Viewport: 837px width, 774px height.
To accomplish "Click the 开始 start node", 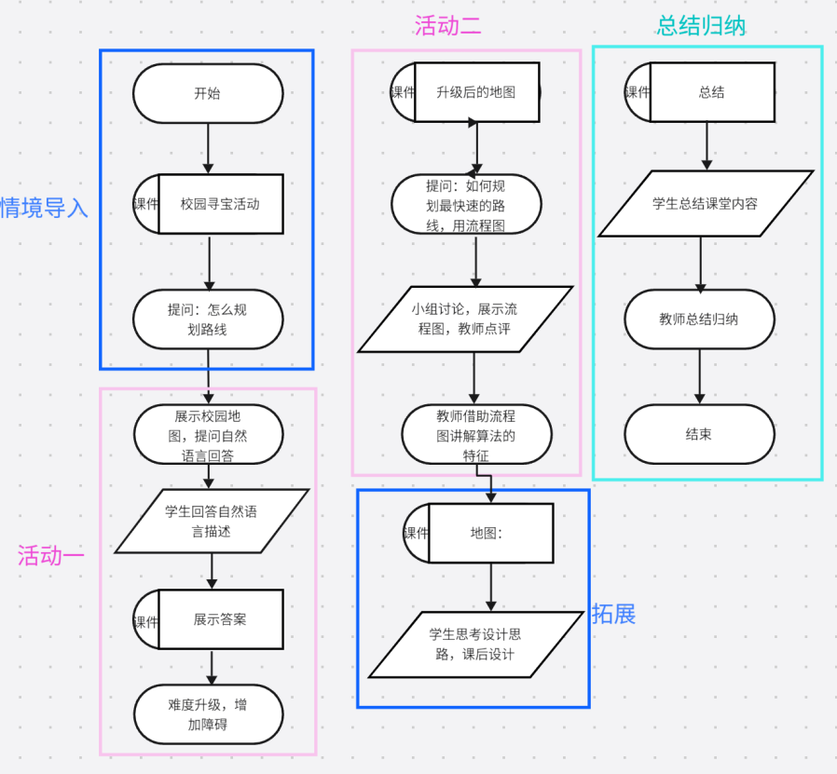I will pyautogui.click(x=207, y=93).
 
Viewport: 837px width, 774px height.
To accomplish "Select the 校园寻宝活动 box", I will pyautogui.click(x=220, y=204).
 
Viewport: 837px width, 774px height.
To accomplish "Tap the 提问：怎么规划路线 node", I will pyautogui.click(x=207, y=319).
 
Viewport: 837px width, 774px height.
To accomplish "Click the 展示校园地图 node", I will pyautogui.click(x=207, y=433).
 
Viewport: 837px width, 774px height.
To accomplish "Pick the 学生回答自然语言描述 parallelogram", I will pyautogui.click(x=211, y=521).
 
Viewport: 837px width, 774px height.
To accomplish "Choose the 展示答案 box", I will pyautogui.click(x=220, y=619).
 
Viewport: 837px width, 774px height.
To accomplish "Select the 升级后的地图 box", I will pyautogui.click(x=475, y=92).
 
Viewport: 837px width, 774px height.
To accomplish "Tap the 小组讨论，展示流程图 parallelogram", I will pyautogui.click(x=465, y=319).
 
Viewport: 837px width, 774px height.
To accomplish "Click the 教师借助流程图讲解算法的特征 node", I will pyautogui.click(x=476, y=435).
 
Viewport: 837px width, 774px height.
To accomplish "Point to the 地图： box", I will pyautogui.click(x=490, y=533).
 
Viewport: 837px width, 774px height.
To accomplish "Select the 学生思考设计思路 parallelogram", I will pyautogui.click(x=475, y=644).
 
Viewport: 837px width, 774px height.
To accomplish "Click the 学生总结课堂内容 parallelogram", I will pyautogui.click(x=705, y=204).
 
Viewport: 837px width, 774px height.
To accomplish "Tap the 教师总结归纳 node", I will pyautogui.click(x=698, y=319).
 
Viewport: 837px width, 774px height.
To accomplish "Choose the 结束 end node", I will pyautogui.click(x=698, y=434).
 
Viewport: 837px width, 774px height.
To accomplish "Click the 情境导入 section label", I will pyautogui.click(x=43, y=208).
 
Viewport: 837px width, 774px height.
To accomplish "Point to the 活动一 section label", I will pyautogui.click(x=50, y=556).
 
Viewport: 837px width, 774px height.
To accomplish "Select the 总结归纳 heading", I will pyautogui.click(x=701, y=25).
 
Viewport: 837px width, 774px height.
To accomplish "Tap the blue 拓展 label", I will pyautogui.click(x=613, y=615).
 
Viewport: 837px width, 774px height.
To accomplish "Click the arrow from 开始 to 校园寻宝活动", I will pyautogui.click(x=207, y=148).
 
